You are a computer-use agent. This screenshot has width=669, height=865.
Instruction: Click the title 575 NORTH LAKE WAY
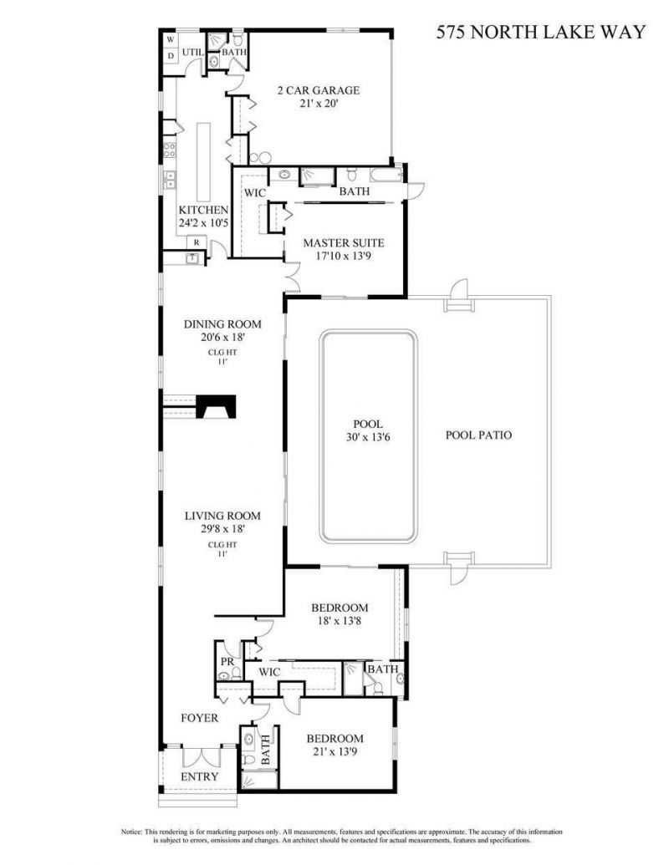(x=542, y=33)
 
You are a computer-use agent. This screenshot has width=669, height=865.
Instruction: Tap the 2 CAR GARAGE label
(x=319, y=90)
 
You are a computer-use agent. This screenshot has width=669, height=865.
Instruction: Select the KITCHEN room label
(x=203, y=210)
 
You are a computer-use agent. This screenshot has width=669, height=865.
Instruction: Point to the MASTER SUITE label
(x=344, y=243)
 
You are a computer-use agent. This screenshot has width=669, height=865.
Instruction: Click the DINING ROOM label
(x=222, y=324)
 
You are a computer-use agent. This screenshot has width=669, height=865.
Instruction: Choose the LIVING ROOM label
(x=222, y=516)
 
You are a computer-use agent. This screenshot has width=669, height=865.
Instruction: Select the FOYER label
(x=200, y=718)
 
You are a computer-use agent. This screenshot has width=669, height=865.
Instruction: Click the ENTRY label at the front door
(x=200, y=776)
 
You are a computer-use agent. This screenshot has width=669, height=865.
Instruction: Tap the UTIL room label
(x=192, y=53)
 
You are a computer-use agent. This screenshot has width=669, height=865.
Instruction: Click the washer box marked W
(x=170, y=39)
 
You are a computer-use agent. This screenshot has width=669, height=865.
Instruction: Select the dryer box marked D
(x=170, y=56)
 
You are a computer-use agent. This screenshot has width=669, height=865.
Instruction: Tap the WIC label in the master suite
(x=254, y=192)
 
